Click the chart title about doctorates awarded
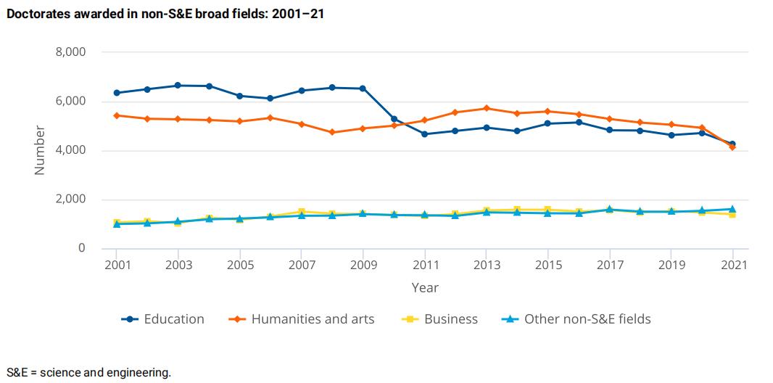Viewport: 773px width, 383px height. pyautogui.click(x=165, y=13)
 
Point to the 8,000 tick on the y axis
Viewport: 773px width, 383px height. pyautogui.click(x=70, y=52)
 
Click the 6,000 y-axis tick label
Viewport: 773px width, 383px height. pyautogui.click(x=70, y=102)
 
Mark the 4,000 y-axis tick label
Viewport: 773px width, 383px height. pyautogui.click(x=70, y=150)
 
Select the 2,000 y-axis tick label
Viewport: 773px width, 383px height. pyautogui.click(x=70, y=199)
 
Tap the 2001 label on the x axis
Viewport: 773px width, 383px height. pyautogui.click(x=117, y=265)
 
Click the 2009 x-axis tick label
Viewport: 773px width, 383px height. pyautogui.click(x=363, y=265)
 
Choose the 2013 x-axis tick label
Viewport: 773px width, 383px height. pyautogui.click(x=487, y=265)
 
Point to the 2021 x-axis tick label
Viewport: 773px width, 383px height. pyautogui.click(x=732, y=265)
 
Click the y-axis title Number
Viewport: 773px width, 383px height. pyautogui.click(x=40, y=150)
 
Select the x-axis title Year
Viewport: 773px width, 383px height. pyautogui.click(x=425, y=287)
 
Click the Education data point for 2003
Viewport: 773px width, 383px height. pyautogui.click(x=178, y=86)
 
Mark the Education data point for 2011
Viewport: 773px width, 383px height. pyautogui.click(x=425, y=134)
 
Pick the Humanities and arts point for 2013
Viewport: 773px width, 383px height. pyautogui.click(x=487, y=108)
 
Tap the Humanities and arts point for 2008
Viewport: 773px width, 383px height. pyautogui.click(x=332, y=132)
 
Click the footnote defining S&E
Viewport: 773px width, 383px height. pyautogui.click(x=88, y=373)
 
